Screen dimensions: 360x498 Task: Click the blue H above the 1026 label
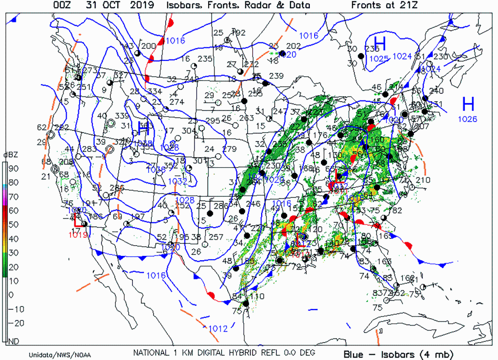468,104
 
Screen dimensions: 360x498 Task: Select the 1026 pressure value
467,118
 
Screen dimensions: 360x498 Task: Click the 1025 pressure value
379,59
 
